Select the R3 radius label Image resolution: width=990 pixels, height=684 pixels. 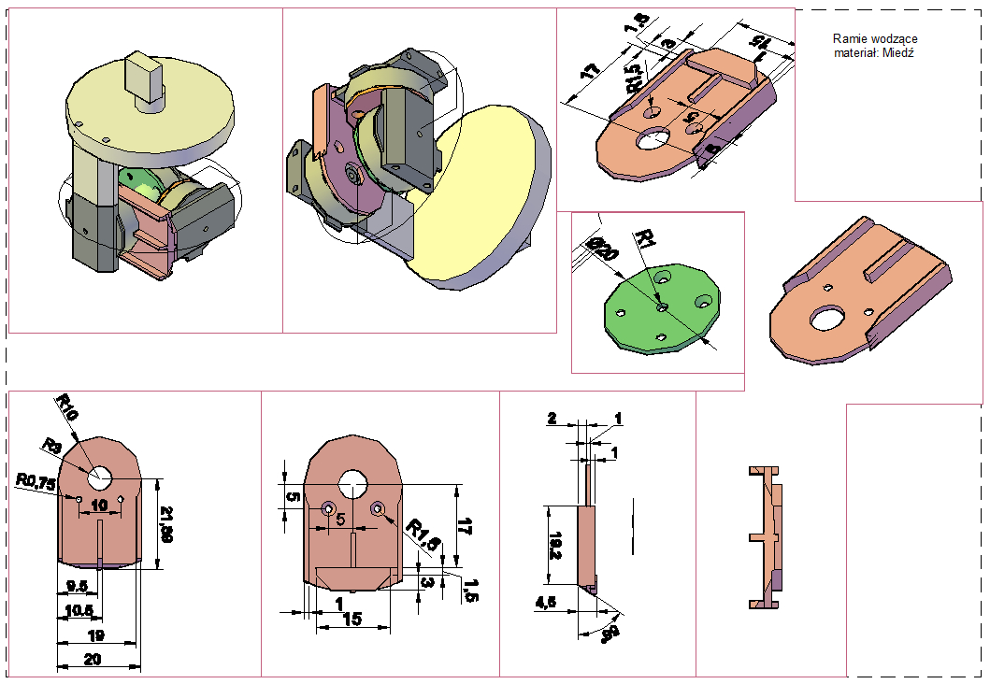(50, 446)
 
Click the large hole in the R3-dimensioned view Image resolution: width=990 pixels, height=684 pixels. (100, 477)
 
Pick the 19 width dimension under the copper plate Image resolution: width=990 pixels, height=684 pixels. (95, 635)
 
